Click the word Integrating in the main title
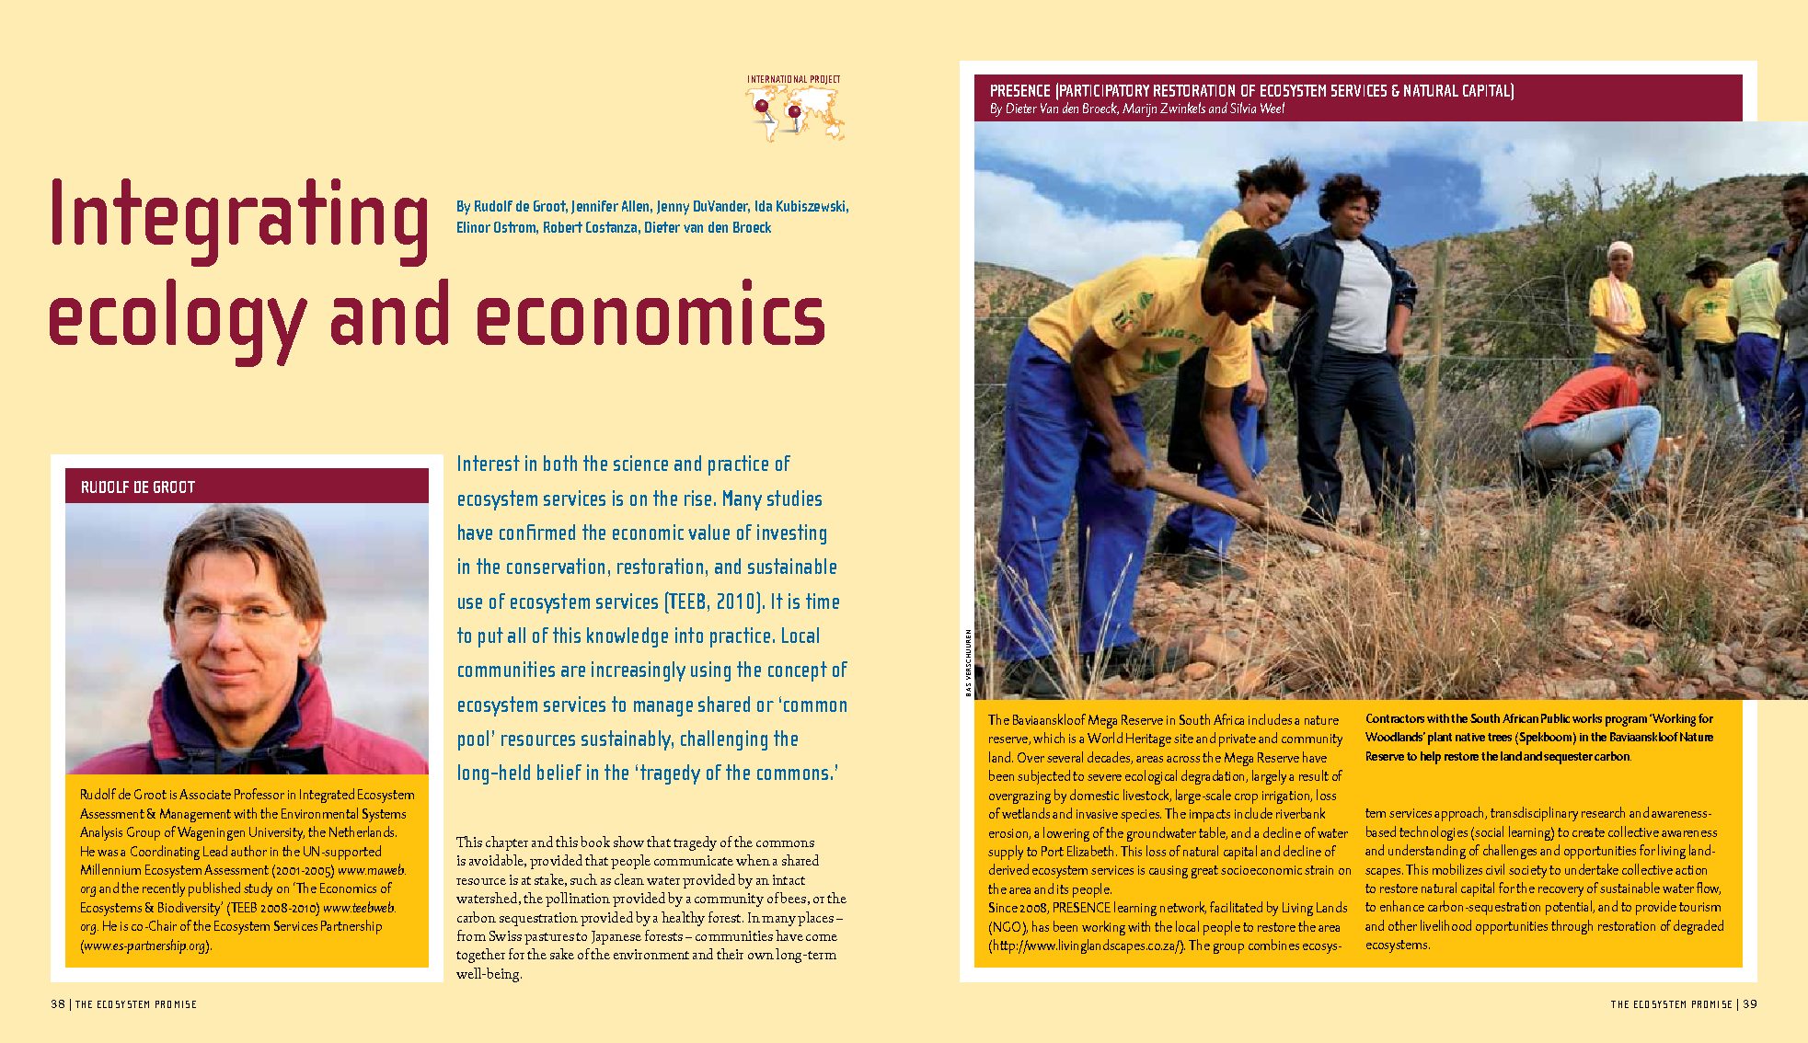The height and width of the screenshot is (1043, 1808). click(x=238, y=217)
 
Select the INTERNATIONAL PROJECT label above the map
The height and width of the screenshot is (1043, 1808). click(x=793, y=80)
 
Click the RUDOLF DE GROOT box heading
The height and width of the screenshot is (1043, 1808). click(x=138, y=487)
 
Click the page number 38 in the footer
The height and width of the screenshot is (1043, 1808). click(x=58, y=1004)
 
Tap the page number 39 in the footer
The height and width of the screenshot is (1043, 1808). click(x=1750, y=1004)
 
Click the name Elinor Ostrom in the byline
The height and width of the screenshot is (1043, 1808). click(x=496, y=228)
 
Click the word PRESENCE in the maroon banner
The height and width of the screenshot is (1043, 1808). click(x=1019, y=91)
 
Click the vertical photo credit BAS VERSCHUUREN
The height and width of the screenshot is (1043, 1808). click(x=968, y=662)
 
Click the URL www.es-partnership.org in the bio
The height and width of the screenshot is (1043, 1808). click(x=145, y=946)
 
